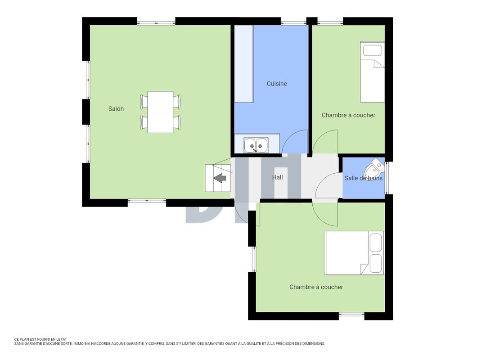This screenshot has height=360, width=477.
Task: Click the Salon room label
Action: (x=116, y=108)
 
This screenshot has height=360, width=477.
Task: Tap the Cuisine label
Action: (x=277, y=84)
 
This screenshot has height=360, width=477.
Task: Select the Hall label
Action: (x=278, y=177)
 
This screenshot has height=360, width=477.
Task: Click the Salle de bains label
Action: (x=364, y=178)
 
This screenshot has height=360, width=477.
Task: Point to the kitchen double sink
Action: (x=256, y=145)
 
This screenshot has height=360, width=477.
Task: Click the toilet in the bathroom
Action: (x=374, y=167)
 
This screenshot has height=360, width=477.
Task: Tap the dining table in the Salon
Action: (x=160, y=112)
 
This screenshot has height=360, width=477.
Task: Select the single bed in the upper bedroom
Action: (x=372, y=72)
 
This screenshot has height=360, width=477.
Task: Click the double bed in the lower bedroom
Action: (x=355, y=253)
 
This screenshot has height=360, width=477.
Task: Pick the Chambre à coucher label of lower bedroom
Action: (x=316, y=287)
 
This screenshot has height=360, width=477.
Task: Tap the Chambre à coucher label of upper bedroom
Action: (x=348, y=115)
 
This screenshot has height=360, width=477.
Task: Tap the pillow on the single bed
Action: (x=373, y=50)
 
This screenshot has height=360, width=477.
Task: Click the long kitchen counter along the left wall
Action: (x=244, y=64)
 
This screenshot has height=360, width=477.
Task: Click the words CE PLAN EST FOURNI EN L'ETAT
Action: (x=40, y=339)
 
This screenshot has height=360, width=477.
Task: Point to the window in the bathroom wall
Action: (x=387, y=178)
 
